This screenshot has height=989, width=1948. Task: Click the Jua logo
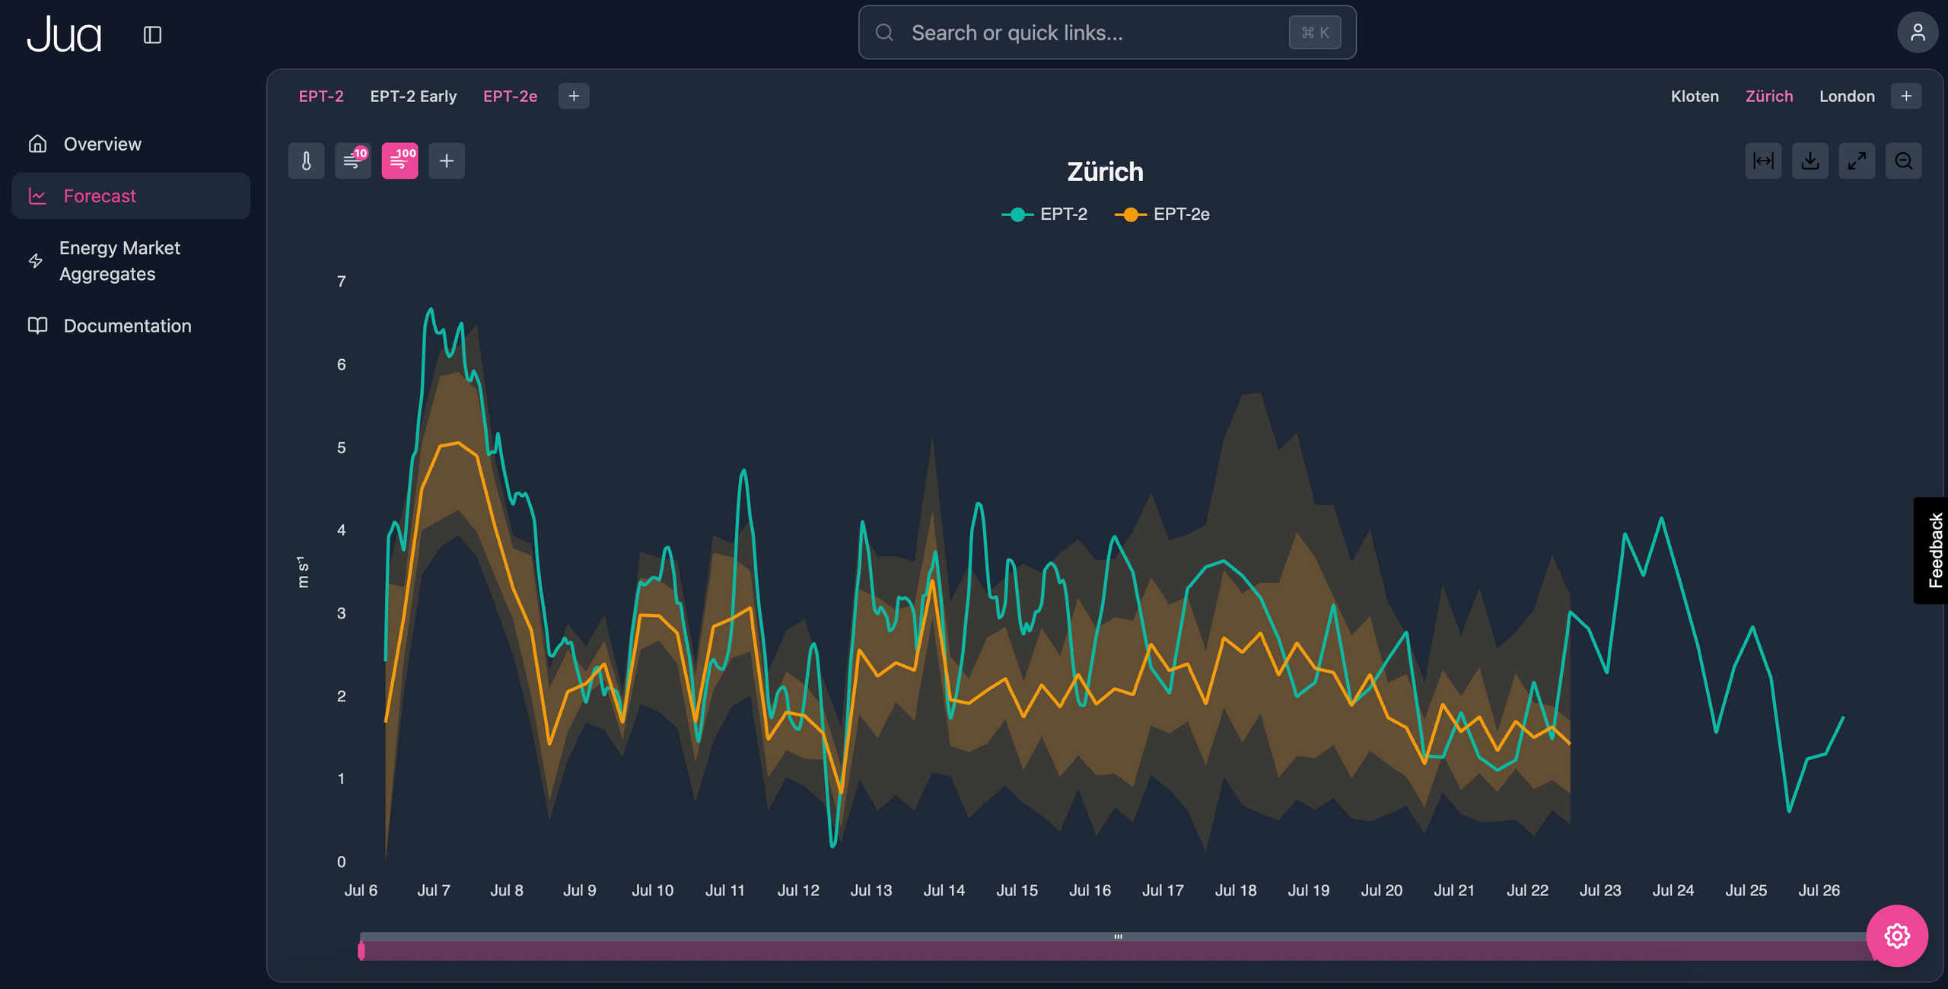[x=64, y=35]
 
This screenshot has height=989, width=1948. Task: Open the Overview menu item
[x=102, y=144]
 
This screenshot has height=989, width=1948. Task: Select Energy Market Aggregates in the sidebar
[x=119, y=261]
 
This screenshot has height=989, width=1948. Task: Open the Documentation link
[x=127, y=326]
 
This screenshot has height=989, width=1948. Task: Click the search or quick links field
[x=1096, y=33]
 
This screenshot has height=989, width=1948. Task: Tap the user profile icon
[x=1917, y=33]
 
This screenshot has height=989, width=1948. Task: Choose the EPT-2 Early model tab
[x=413, y=97]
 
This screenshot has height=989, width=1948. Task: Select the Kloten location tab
[x=1694, y=97]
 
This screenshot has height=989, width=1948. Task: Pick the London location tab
[x=1846, y=97]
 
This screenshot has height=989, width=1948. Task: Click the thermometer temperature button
[x=306, y=161]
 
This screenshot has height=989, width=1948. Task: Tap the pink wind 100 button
[x=399, y=161]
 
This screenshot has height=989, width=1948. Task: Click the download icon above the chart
[x=1810, y=161]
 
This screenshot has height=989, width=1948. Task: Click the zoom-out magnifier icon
[x=1903, y=161]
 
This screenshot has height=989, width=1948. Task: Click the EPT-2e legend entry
[x=1163, y=215]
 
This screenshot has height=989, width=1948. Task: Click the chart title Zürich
[x=1105, y=172]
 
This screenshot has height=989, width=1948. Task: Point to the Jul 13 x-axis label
[x=871, y=890]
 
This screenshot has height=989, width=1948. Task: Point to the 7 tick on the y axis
[x=342, y=281]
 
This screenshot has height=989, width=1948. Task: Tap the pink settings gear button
[x=1896, y=936]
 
